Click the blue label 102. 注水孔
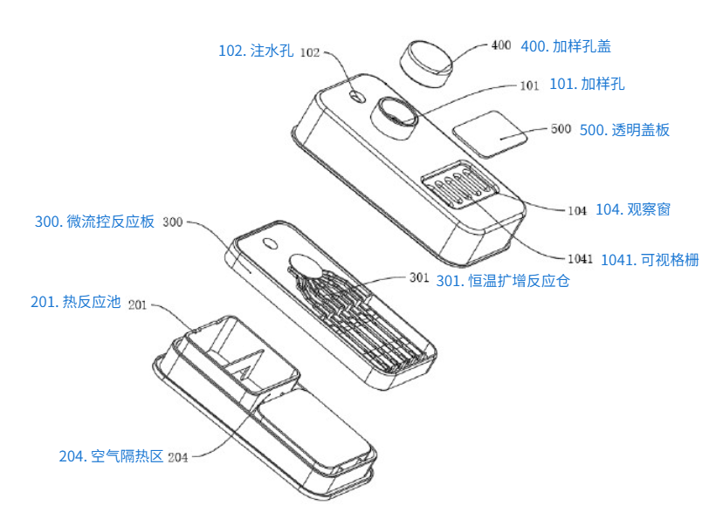click(x=256, y=51)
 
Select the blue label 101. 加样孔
click(x=586, y=85)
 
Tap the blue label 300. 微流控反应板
click(x=94, y=222)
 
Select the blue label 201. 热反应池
click(x=75, y=302)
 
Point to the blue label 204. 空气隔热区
click(x=111, y=456)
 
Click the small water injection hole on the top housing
click(x=356, y=94)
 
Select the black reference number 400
click(x=501, y=45)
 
